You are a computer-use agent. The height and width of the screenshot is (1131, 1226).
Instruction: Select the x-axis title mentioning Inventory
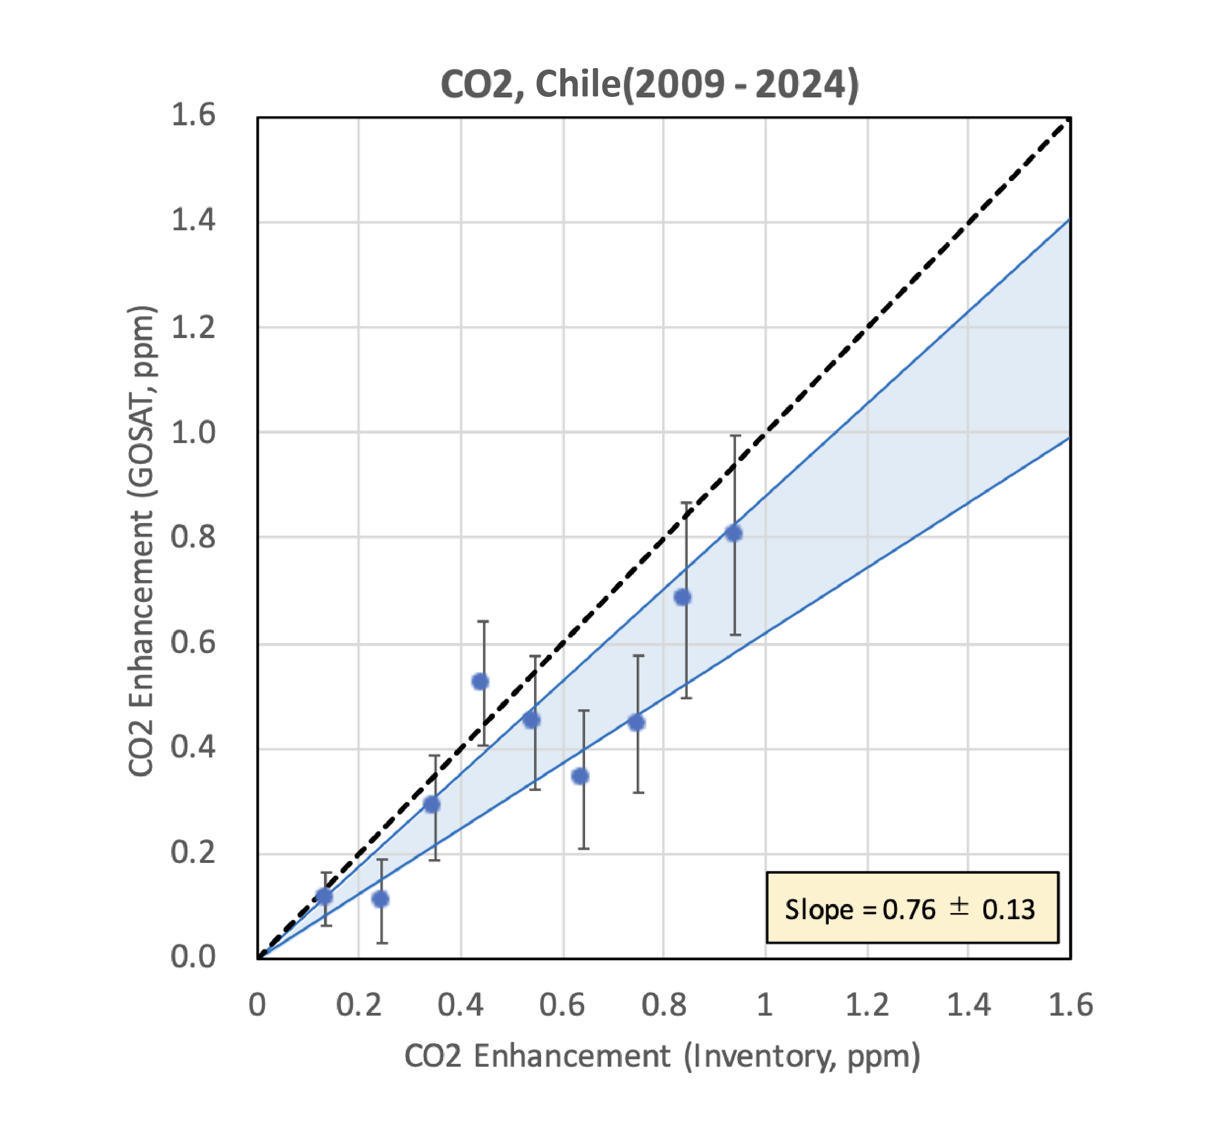[x=662, y=1056]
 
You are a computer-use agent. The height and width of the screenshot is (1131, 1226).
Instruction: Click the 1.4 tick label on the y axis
[x=193, y=220]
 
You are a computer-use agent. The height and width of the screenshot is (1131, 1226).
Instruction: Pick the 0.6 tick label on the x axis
[x=562, y=1006]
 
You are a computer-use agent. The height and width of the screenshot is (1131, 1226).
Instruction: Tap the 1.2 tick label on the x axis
[x=867, y=1006]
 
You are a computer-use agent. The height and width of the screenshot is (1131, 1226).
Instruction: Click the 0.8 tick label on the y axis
[x=193, y=537]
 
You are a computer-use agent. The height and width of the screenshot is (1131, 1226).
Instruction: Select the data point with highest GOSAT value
[x=733, y=534]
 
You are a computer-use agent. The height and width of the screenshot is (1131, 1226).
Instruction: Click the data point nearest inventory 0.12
[x=324, y=896]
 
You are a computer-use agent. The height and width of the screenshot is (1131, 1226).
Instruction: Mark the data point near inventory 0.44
[x=481, y=681]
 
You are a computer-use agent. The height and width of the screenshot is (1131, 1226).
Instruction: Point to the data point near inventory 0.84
[x=683, y=597]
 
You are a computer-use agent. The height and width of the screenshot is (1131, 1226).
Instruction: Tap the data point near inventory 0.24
[x=381, y=899]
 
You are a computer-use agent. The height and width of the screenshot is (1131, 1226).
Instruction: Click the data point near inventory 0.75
[x=637, y=723]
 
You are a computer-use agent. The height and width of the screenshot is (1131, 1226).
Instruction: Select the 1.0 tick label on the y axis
[x=193, y=433]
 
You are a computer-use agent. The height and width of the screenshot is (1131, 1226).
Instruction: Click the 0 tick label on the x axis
[x=257, y=1006]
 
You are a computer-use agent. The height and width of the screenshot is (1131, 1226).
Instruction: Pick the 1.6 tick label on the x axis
[x=1070, y=1006]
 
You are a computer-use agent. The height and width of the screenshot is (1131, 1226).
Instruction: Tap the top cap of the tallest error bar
[x=735, y=436]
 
